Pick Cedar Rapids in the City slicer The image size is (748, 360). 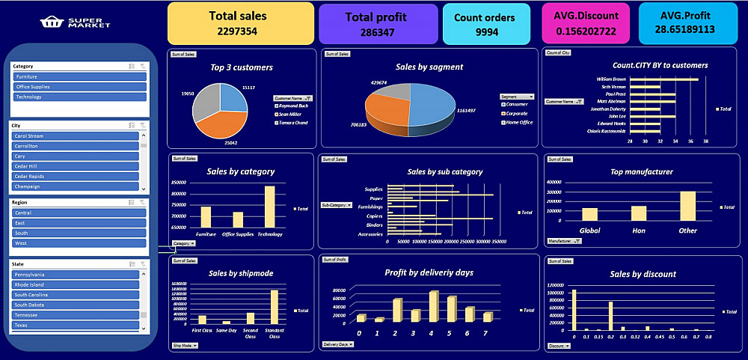[x=76, y=176]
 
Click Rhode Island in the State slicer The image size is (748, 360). [x=76, y=284]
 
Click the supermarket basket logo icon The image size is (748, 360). [x=52, y=23]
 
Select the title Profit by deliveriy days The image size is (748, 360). [x=429, y=272]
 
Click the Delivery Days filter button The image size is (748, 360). [x=337, y=344]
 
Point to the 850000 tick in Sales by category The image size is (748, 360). [x=178, y=182]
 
